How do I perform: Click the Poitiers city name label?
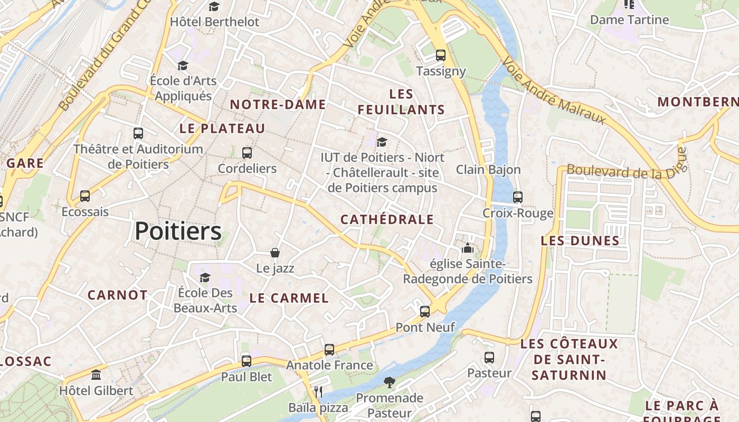pyautogui.click(x=178, y=232)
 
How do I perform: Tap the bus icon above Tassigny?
pyautogui.click(x=441, y=55)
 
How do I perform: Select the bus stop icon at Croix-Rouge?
pyautogui.click(x=518, y=197)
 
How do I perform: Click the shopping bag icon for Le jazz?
pyautogui.click(x=275, y=253)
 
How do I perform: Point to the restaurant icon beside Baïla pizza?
pyautogui.click(x=318, y=391)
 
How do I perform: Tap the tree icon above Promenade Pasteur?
pyautogui.click(x=390, y=382)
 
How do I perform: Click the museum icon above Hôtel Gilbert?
pyautogui.click(x=96, y=375)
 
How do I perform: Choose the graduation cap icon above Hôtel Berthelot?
pyautogui.click(x=214, y=6)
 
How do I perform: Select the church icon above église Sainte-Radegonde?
pyautogui.click(x=468, y=248)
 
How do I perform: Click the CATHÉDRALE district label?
pyautogui.click(x=387, y=219)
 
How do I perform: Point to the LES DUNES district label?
pyautogui.click(x=580, y=241)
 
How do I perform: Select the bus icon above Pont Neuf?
pyautogui.click(x=425, y=312)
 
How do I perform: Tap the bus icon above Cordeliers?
pyautogui.click(x=247, y=153)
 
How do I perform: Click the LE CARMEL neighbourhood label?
pyautogui.click(x=289, y=298)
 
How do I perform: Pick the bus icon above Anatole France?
pyautogui.click(x=329, y=349)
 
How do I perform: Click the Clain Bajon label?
pyautogui.click(x=488, y=170)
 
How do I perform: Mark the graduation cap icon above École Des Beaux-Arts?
pyautogui.click(x=205, y=277)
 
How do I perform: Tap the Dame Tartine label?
pyautogui.click(x=629, y=20)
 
